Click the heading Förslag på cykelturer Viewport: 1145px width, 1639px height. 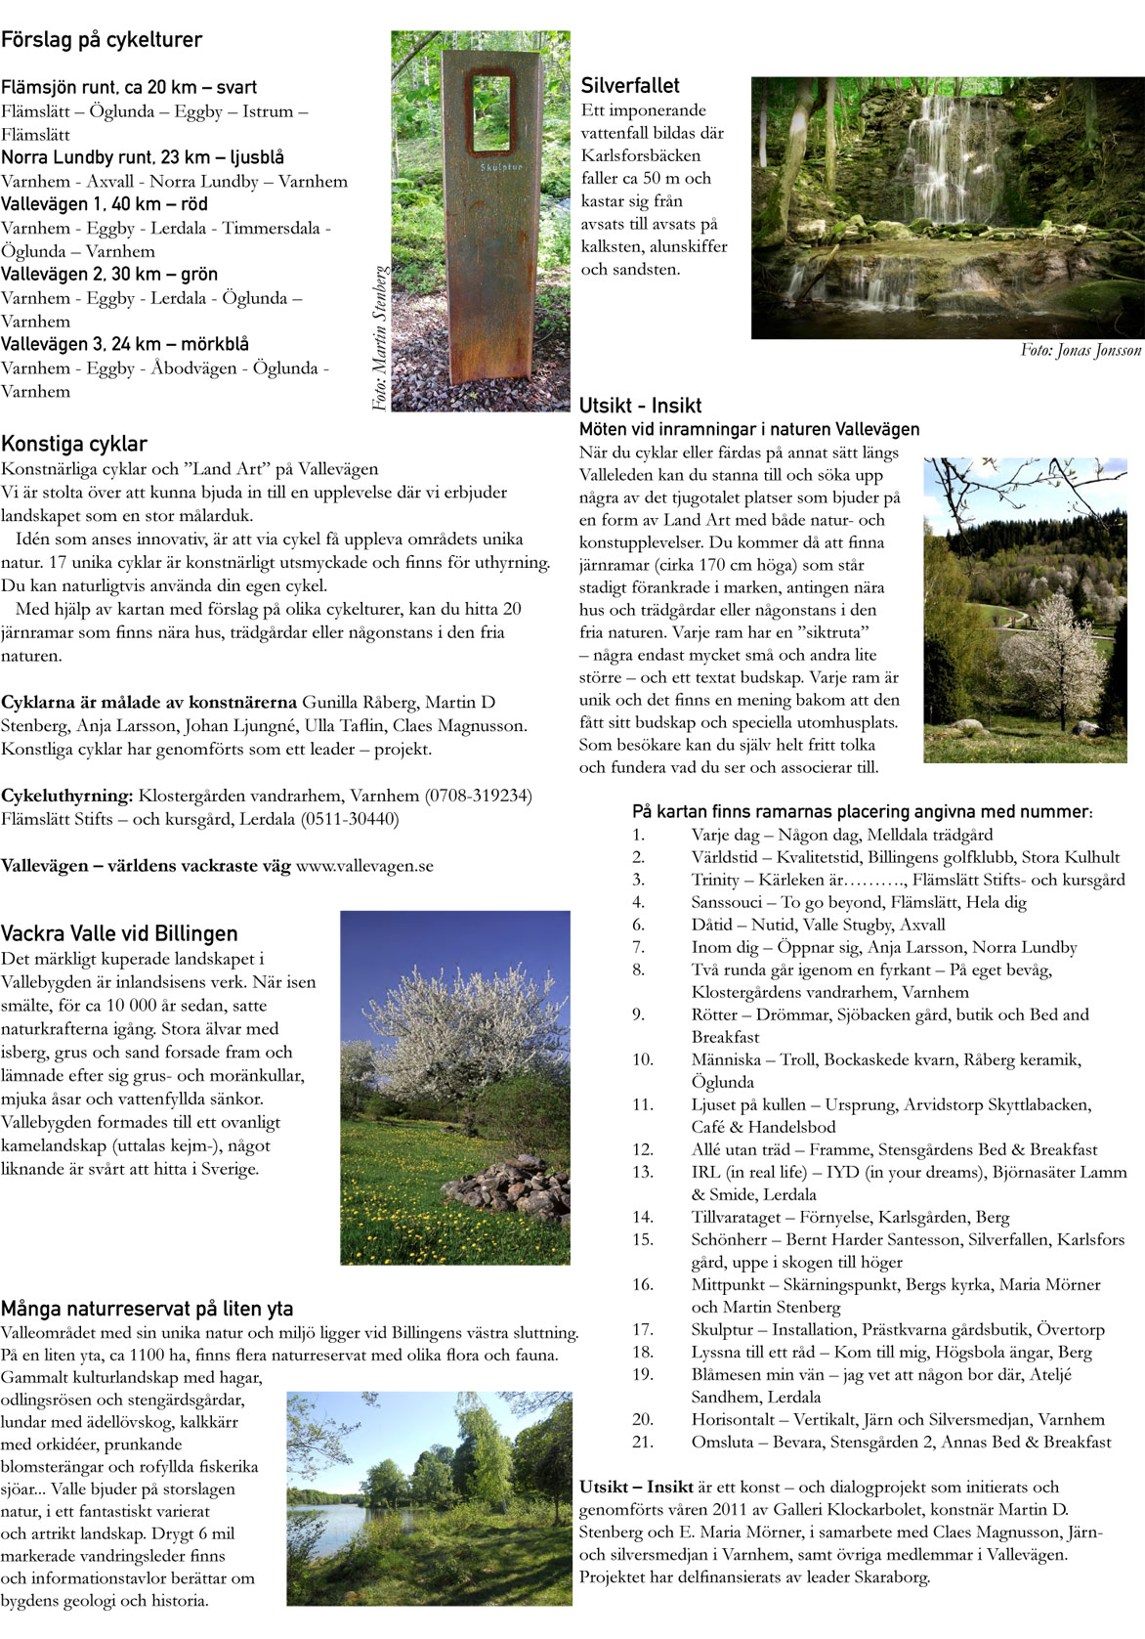pos(102,40)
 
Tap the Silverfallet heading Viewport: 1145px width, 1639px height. pos(630,86)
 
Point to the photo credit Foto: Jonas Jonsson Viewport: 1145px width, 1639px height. pos(1081,350)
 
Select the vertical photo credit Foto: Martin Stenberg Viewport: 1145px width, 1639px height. pos(380,337)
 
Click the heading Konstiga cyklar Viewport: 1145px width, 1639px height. pos(74,444)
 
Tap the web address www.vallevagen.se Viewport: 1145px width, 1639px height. pos(364,866)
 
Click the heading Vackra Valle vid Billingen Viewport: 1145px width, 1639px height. pos(119,933)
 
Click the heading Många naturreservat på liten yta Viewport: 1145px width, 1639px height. pos(147,1309)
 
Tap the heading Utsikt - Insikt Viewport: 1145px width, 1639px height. pos(640,406)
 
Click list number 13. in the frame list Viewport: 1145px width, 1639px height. pos(643,1172)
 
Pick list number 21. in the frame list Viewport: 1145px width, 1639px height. pos(643,1442)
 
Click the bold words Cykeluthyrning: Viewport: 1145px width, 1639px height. pos(66,796)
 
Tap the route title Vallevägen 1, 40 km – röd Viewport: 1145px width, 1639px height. pos(105,204)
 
